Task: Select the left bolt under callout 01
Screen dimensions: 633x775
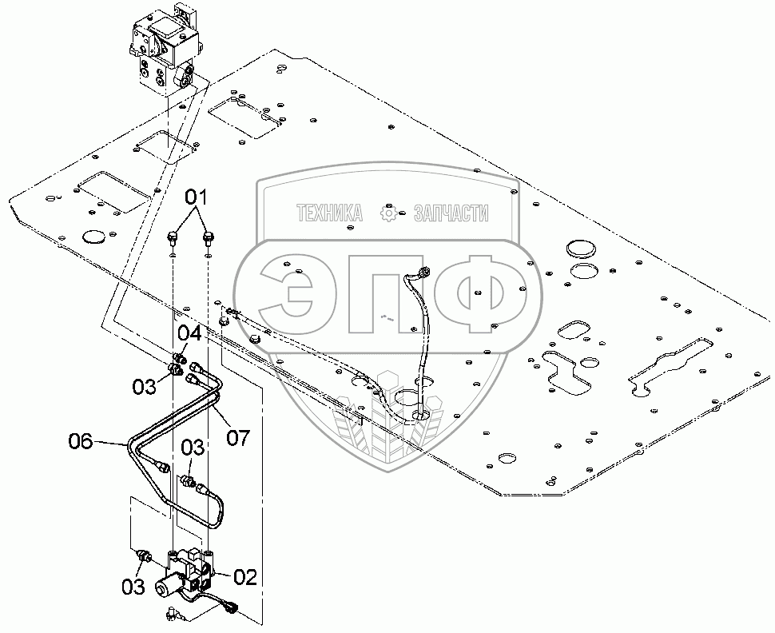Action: click(x=173, y=237)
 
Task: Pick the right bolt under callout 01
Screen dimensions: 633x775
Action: click(x=209, y=237)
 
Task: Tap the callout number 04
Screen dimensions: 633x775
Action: click(x=189, y=332)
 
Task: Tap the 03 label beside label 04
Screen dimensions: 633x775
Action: click(x=145, y=388)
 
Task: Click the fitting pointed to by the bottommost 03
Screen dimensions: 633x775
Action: click(x=145, y=555)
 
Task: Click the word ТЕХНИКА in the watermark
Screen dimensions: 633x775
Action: click(x=329, y=213)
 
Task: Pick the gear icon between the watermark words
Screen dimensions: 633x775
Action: click(x=388, y=213)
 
